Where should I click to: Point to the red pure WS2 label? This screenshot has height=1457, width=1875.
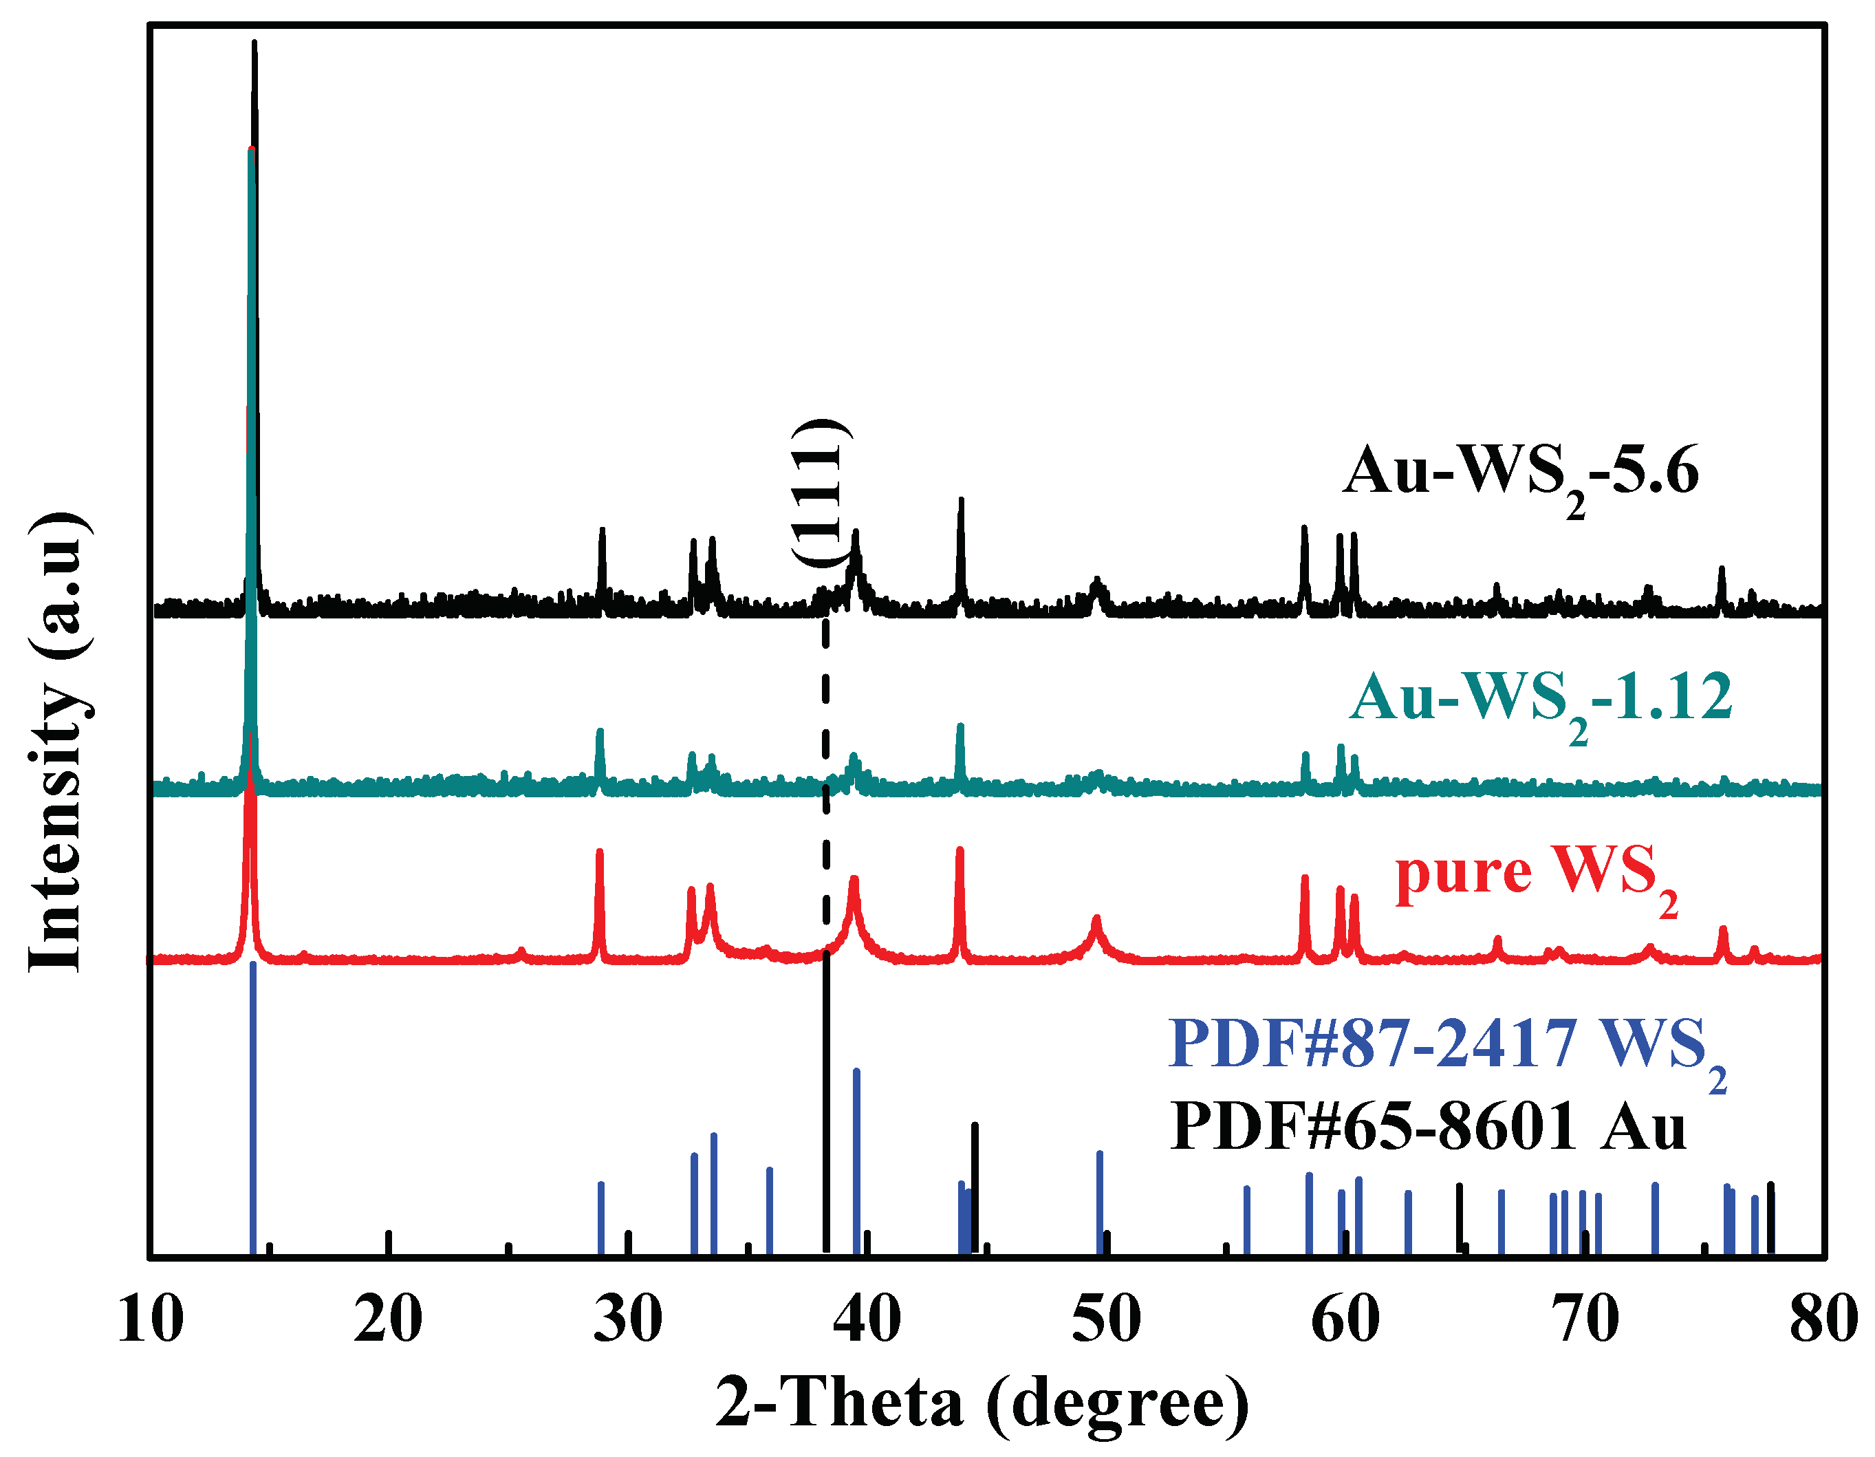coord(1537,876)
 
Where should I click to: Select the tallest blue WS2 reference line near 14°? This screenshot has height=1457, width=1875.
coord(252,1108)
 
